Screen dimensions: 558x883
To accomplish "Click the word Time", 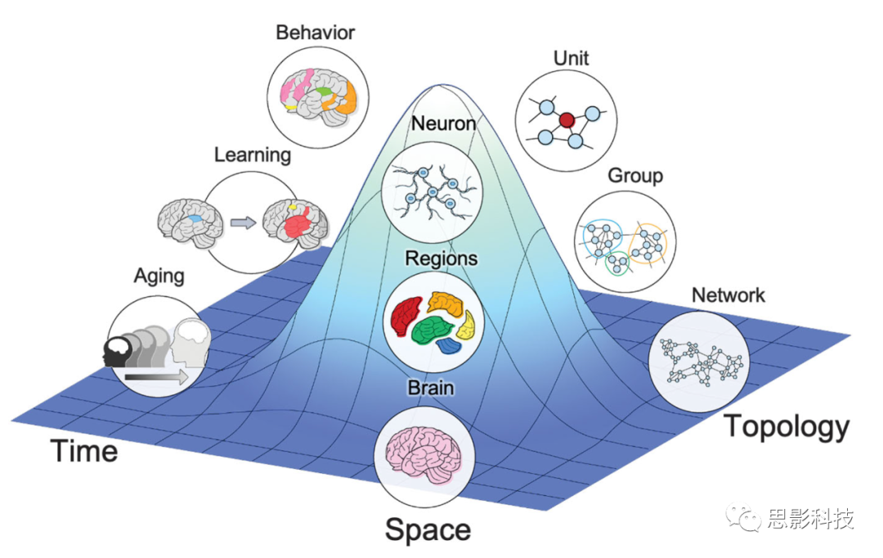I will [x=84, y=451].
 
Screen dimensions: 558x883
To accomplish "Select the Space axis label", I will [x=428, y=529].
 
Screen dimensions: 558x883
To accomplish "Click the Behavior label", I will [x=315, y=33].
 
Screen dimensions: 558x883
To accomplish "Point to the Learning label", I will [x=253, y=154].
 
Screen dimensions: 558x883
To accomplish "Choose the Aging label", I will [x=159, y=276].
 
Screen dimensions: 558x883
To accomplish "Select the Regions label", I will [x=441, y=259].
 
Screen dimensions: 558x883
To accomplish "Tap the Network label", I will [x=728, y=295].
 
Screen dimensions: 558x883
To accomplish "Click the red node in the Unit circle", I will [x=567, y=121].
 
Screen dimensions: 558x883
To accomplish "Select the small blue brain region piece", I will [x=449, y=346].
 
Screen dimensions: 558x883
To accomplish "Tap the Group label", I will [x=634, y=175].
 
